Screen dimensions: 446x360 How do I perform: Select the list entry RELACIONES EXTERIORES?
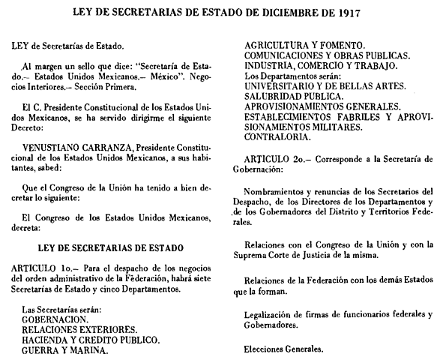(x=73, y=328)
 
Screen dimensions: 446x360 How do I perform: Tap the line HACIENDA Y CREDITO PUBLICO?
(x=85, y=338)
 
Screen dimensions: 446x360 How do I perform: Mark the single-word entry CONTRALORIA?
(x=276, y=137)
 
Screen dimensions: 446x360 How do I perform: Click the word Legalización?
(x=274, y=313)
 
